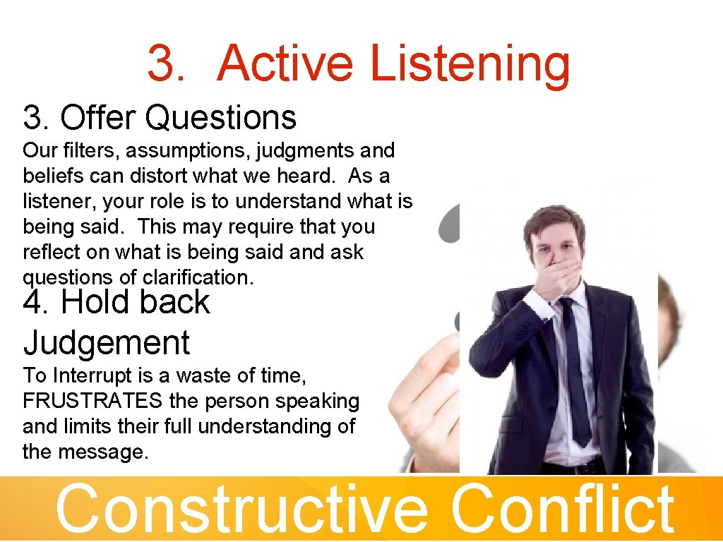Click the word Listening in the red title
click(x=470, y=64)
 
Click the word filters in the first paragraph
click(x=78, y=150)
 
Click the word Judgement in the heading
click(x=107, y=343)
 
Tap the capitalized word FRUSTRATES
click(x=92, y=401)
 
